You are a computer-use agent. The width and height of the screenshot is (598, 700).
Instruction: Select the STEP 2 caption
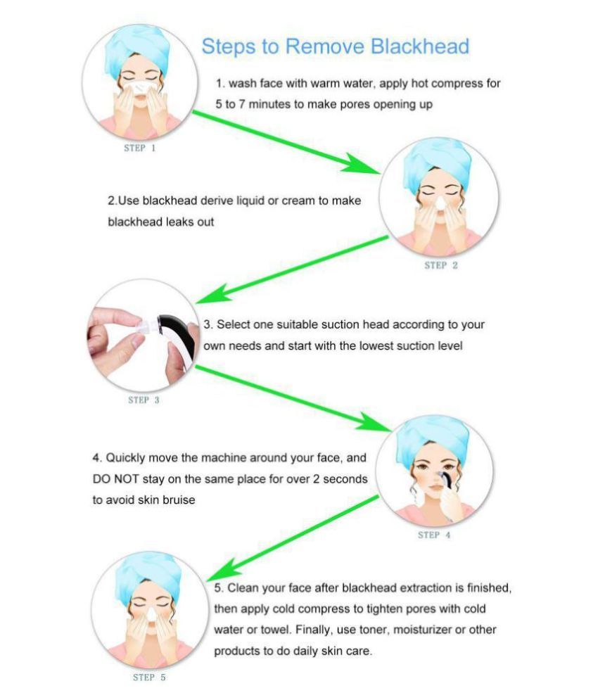coord(441,265)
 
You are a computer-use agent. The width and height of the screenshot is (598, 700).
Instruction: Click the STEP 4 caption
coord(434,535)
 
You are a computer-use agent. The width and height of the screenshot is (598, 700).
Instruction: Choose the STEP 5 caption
coord(149,677)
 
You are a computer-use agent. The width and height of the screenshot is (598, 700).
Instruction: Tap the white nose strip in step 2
coord(435,203)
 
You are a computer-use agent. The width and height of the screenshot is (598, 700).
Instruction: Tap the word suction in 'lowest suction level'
coord(397,346)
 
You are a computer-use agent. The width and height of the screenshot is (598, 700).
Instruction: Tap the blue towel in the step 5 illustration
coord(144,570)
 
